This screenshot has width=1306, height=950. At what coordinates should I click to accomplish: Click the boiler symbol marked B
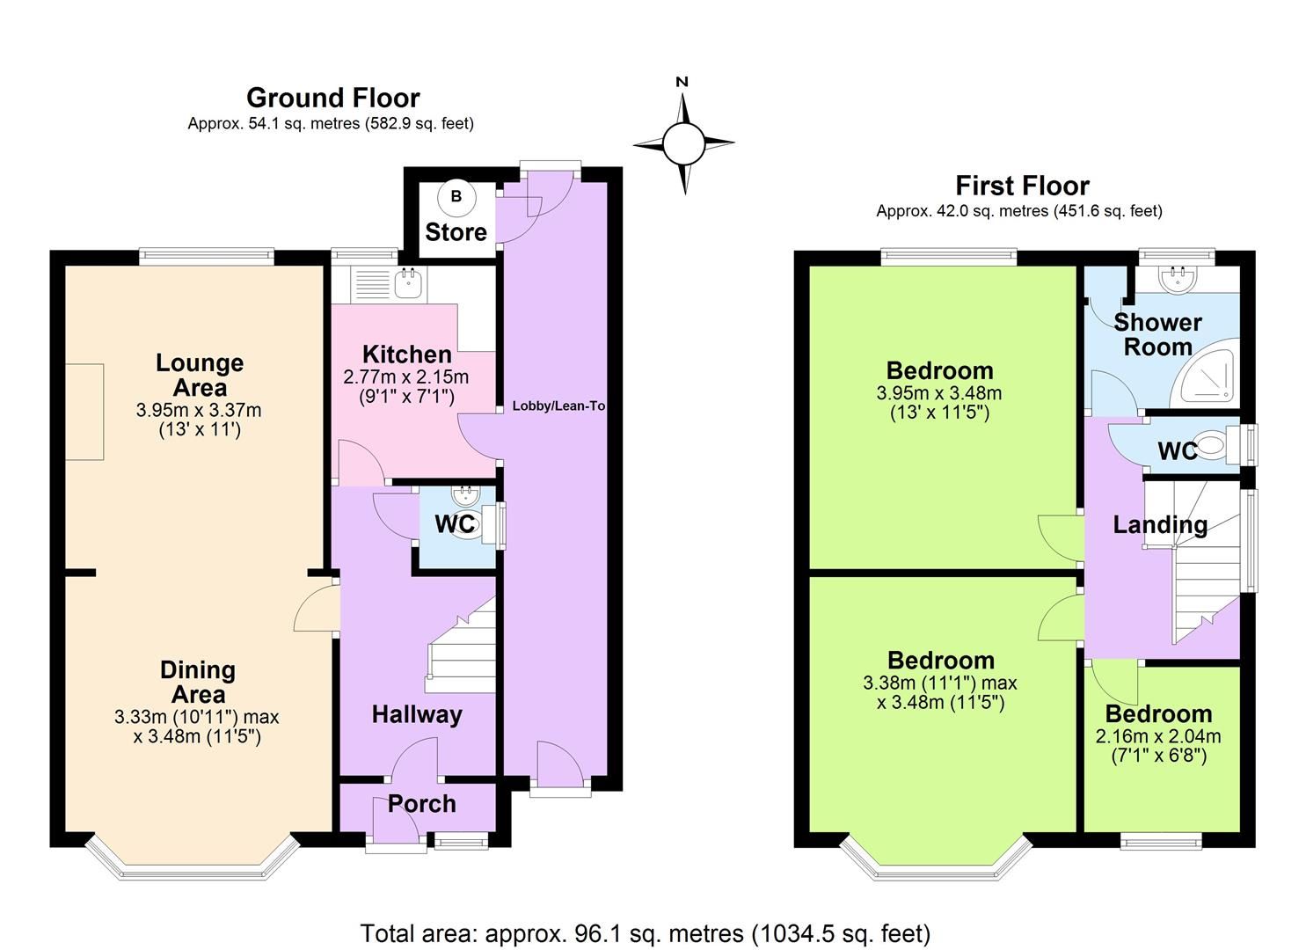[456, 197]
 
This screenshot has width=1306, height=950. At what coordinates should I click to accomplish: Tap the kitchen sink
[408, 283]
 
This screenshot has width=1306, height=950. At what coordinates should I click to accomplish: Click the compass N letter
[682, 82]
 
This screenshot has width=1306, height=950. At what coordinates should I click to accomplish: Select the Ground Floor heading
[332, 98]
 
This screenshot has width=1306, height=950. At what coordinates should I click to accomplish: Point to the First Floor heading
[1022, 186]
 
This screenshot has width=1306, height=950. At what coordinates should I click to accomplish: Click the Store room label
[456, 232]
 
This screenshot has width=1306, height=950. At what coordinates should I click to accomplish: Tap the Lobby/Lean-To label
[558, 406]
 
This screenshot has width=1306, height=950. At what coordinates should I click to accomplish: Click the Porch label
[421, 804]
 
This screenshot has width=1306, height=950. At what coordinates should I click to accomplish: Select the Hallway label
[416, 714]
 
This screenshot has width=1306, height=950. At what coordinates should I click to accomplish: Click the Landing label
[1159, 525]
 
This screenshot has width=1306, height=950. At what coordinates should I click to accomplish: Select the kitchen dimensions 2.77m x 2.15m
[405, 377]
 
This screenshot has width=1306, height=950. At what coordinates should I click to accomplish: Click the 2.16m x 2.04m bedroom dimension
[1158, 736]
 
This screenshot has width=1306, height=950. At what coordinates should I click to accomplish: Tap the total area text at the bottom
[645, 932]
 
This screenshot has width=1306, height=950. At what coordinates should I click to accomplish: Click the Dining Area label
[198, 682]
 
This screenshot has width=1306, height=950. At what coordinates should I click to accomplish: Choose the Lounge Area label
[199, 375]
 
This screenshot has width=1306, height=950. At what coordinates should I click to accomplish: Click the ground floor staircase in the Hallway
[461, 647]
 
